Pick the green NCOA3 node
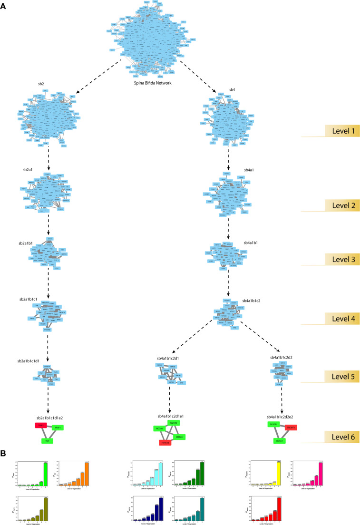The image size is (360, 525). [159, 428]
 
